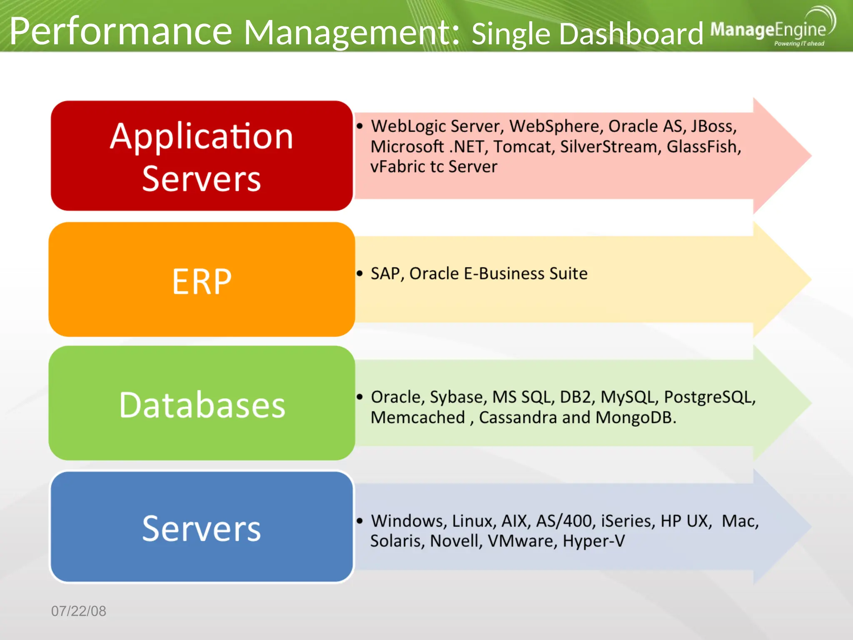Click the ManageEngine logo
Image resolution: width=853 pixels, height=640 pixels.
pos(771,29)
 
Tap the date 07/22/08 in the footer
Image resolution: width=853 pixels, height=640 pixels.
pos(79,611)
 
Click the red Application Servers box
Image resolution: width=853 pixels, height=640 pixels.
pos(202,156)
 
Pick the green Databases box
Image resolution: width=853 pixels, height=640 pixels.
pos(202,403)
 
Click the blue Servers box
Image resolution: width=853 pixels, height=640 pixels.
pos(202,527)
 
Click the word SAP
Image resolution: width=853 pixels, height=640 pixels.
pos(387,274)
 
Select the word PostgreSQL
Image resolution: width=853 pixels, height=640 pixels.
pos(709,397)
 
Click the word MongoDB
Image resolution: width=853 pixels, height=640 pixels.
pos(635,417)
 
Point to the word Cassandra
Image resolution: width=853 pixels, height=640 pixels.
pos(518,417)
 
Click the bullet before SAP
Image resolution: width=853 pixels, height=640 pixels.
pos(360,273)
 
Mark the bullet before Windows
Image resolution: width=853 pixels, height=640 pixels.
pos(360,521)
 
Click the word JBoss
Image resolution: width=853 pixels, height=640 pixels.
pos(713,126)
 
